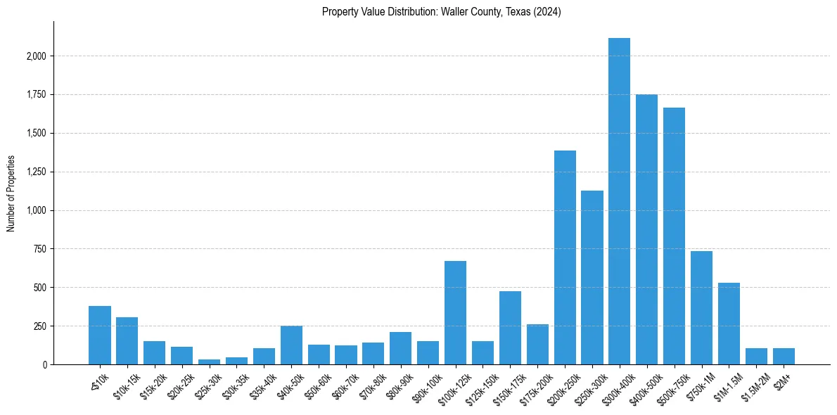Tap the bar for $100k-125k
coord(455,313)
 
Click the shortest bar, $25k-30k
coord(209,362)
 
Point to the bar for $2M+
coord(784,357)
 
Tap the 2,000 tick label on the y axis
coord(37,56)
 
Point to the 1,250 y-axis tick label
coord(37,172)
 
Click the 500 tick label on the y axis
coord(41,288)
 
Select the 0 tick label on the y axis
coord(44,365)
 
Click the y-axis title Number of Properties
coord(11,193)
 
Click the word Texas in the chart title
coord(517,12)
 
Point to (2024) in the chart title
coord(547,12)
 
